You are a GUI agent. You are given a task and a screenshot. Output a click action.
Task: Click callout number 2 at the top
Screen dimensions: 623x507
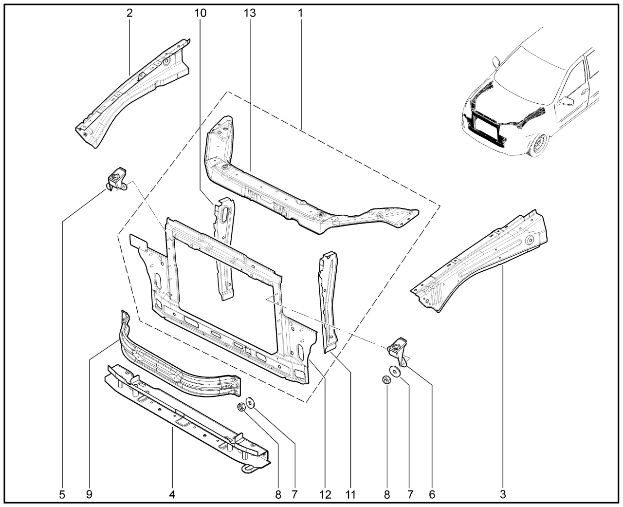tap(129, 13)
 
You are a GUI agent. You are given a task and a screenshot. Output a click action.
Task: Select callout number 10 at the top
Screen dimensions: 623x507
tap(201, 13)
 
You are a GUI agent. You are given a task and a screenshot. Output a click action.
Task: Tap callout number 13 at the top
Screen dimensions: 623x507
tap(250, 13)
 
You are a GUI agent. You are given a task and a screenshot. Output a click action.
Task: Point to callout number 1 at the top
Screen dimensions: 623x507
tap(300, 13)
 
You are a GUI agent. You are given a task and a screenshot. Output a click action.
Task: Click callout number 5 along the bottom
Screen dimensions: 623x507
tap(62, 495)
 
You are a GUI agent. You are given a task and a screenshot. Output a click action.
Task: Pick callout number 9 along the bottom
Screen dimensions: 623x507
tap(89, 495)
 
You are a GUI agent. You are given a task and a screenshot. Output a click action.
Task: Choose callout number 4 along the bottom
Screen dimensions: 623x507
tap(172, 495)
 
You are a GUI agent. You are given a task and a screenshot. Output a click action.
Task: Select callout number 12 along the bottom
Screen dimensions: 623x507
tap(325, 495)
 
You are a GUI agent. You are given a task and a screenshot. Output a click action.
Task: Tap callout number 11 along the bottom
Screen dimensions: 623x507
tap(350, 495)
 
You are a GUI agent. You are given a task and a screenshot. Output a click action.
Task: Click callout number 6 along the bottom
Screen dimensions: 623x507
tap(432, 495)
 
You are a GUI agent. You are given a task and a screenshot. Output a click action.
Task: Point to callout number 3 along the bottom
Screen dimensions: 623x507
tap(503, 495)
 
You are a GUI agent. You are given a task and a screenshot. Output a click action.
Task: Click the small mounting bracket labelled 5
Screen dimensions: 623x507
tap(117, 179)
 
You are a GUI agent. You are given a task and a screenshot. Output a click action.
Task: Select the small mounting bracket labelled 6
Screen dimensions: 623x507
tap(398, 351)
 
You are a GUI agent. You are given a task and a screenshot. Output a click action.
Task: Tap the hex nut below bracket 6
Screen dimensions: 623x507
tap(386, 380)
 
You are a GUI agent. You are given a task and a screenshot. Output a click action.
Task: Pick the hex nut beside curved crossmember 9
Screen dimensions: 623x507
tap(241, 407)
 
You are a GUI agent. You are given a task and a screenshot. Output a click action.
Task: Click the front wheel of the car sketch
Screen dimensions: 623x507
tap(539, 145)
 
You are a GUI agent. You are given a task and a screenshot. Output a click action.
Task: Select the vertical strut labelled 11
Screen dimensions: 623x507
tap(328, 301)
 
